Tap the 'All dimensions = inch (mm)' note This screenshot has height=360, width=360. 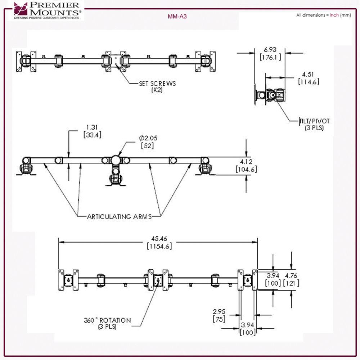(x=323, y=15)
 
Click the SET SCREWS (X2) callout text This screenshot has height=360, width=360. (x=157, y=87)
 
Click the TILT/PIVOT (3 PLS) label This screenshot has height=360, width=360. (x=314, y=124)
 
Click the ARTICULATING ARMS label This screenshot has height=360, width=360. (x=119, y=217)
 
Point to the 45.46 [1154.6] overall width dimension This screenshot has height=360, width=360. (x=158, y=242)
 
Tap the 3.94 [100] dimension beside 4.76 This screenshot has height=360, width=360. (x=273, y=280)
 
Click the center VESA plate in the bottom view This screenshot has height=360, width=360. (x=157, y=280)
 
